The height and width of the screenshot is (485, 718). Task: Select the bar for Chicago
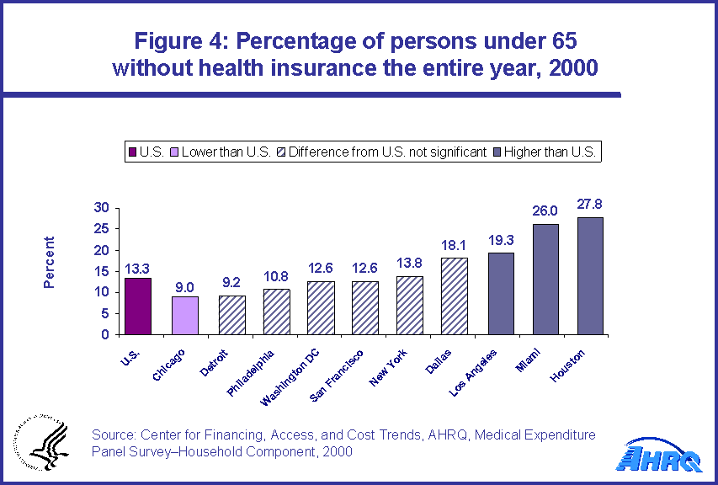(185, 315)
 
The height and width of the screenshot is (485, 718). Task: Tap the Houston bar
(590, 275)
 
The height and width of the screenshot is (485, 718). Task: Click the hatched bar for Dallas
(455, 296)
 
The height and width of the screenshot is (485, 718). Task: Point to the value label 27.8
(590, 205)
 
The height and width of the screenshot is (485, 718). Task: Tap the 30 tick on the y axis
(100, 207)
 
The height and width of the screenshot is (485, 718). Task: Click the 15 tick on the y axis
(100, 271)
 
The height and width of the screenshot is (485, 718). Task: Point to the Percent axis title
(49, 262)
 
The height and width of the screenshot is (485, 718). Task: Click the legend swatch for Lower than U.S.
(174, 152)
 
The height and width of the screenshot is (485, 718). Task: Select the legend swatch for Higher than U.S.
(497, 152)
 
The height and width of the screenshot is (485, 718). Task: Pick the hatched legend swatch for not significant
(283, 152)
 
